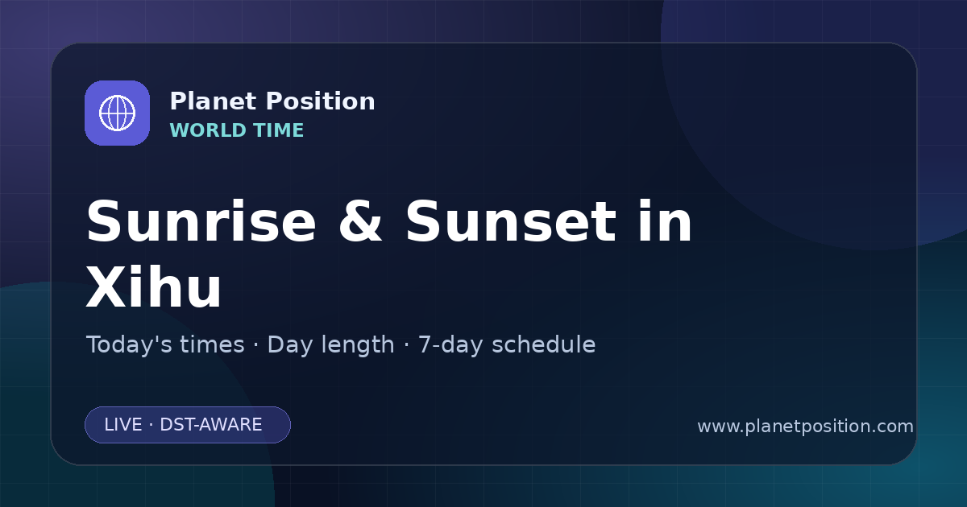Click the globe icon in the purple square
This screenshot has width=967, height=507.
118,113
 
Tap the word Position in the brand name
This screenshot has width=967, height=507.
321,101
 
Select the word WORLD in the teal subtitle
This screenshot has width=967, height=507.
208,130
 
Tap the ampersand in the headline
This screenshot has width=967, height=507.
360,221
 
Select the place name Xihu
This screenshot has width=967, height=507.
154,286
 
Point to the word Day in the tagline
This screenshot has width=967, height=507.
289,346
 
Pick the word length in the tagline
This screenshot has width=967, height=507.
357,346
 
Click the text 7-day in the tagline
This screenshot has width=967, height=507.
450,346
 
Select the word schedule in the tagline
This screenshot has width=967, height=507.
544,344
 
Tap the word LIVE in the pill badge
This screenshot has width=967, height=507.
123,425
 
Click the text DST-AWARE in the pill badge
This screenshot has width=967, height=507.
210,425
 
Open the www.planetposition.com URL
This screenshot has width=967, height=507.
806,427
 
